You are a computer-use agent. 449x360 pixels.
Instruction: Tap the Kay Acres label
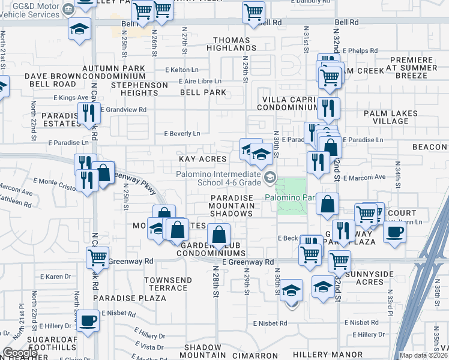[203, 159]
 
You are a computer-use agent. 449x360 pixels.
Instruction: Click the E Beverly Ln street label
[182, 133]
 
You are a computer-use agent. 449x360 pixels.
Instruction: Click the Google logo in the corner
[20, 353]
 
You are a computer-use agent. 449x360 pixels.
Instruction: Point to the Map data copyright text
[424, 355]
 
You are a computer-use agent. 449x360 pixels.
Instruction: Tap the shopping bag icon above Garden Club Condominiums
[220, 235]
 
